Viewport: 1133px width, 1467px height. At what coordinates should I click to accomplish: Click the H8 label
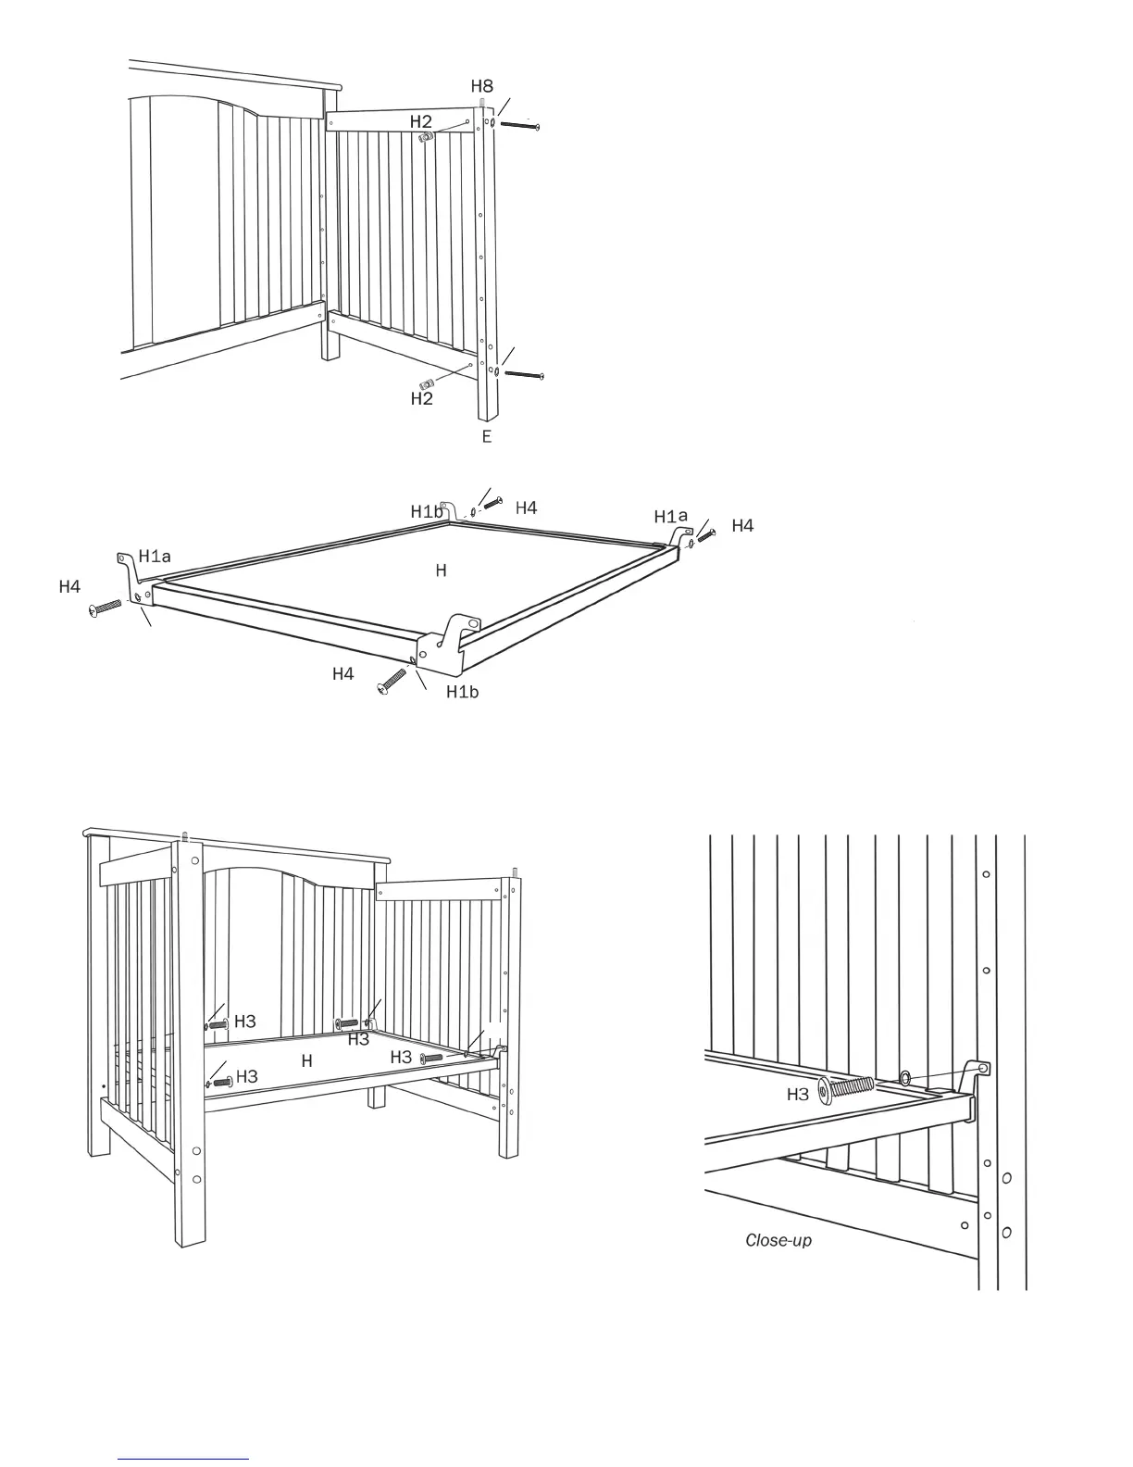[x=481, y=86]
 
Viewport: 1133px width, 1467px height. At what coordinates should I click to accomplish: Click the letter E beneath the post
[x=487, y=436]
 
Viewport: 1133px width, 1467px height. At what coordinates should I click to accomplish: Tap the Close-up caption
[x=778, y=1240]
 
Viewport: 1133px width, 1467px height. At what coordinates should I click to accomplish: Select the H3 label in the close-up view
[x=798, y=1094]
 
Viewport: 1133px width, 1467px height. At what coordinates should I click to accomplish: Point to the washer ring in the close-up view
[x=904, y=1077]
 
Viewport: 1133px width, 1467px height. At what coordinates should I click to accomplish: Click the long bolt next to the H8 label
[x=519, y=124]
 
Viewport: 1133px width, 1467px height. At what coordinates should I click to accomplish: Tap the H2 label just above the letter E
[x=421, y=399]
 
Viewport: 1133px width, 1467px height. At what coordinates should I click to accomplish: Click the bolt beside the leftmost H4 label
[x=106, y=607]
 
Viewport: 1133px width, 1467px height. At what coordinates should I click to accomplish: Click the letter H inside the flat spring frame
[x=442, y=570]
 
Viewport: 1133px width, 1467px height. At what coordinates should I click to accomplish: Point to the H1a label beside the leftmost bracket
[x=155, y=556]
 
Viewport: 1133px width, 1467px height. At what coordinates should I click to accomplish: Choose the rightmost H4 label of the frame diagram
[x=742, y=526]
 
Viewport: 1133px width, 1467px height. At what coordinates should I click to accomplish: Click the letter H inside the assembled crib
[x=306, y=1061]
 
